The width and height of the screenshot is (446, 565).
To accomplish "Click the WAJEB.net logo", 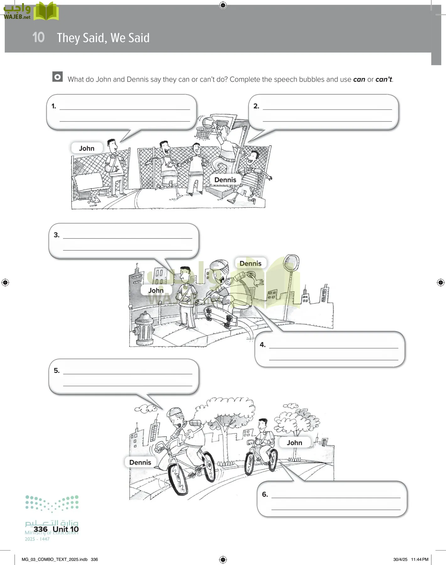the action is [x=31, y=11].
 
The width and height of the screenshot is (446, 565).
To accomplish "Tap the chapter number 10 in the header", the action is [x=39, y=37].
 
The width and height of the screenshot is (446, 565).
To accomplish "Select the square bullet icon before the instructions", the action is [x=57, y=77].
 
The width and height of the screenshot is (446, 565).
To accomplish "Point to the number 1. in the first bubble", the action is [x=54, y=106].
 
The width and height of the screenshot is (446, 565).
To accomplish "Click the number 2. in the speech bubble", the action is [x=256, y=106].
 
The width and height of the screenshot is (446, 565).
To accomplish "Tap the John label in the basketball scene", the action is [x=87, y=148].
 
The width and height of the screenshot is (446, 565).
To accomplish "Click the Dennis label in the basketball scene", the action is [x=225, y=180].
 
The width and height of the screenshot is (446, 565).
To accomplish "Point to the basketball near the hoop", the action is [x=207, y=122].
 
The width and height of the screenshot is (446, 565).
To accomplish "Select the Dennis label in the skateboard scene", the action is [x=250, y=263].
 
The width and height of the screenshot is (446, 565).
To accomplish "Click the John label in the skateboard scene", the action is [x=156, y=290].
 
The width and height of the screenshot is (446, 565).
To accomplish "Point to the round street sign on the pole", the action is [x=291, y=262].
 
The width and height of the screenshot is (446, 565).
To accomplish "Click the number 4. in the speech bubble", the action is [x=263, y=345].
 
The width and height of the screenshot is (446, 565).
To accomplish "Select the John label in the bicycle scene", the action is [x=294, y=443].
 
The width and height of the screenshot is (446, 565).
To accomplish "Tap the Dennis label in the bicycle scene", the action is [x=140, y=462].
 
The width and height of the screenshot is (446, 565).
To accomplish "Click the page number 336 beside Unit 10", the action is [x=40, y=529].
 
